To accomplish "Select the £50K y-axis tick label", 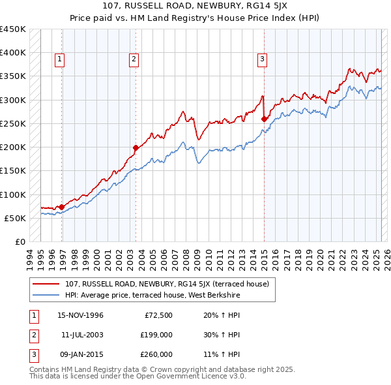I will [16, 218].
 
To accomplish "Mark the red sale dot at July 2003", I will [136, 147].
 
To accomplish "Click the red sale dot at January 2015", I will [264, 119].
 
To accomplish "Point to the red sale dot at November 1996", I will [62, 207].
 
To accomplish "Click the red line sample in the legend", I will [46, 283].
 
